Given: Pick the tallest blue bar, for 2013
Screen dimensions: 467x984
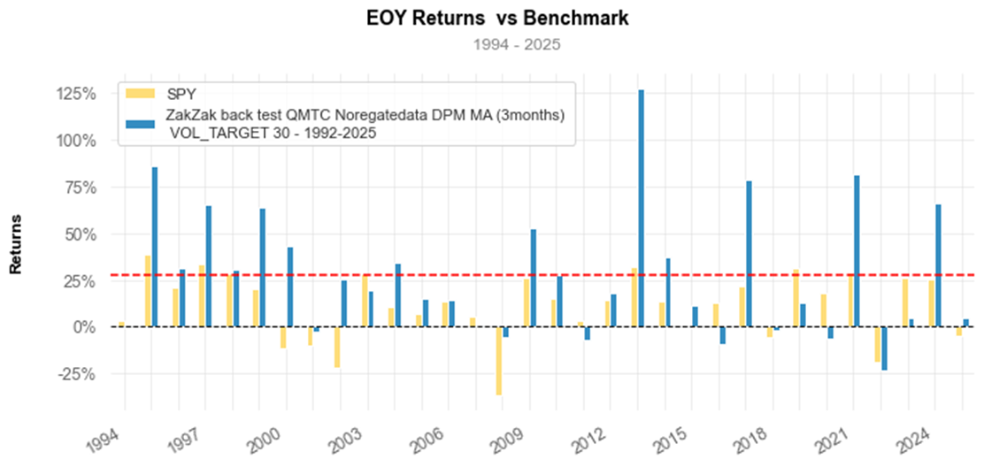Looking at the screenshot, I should coord(641,208).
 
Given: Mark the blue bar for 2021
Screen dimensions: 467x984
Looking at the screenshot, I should coord(857,251).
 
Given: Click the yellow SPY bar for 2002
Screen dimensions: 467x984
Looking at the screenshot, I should coord(337,347).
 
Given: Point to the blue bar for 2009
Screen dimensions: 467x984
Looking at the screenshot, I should coord(533,278).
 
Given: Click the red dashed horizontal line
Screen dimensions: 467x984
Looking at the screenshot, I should coord(442,275).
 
